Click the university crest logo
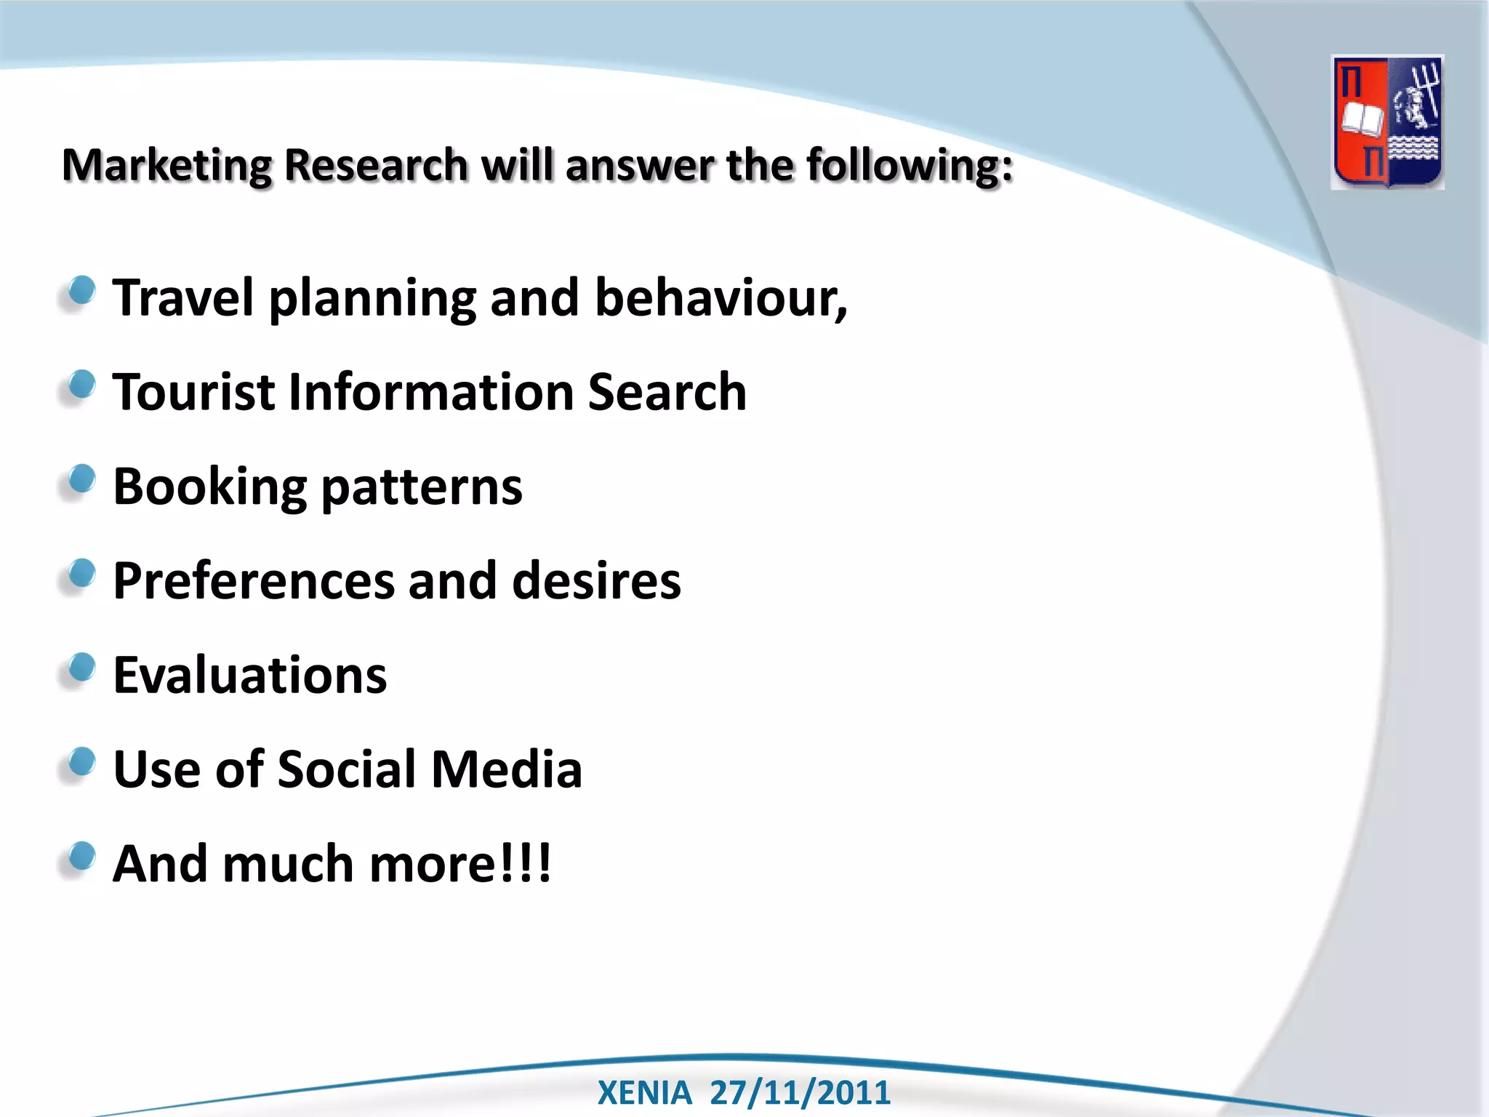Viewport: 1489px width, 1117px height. pos(1387,122)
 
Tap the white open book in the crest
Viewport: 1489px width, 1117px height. pos(1362,120)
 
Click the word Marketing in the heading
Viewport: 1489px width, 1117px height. pos(166,165)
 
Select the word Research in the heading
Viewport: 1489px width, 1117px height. pos(375,165)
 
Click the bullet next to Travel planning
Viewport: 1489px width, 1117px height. pos(81,291)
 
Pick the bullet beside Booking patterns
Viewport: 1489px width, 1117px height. pos(81,479)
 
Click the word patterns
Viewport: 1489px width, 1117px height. pos(421,487)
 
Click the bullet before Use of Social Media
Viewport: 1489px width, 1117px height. pos(81,762)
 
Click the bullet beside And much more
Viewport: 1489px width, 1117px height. pos(81,857)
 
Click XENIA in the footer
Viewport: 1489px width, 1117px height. pos(644,1093)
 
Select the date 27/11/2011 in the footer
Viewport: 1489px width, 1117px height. pos(800,1093)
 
